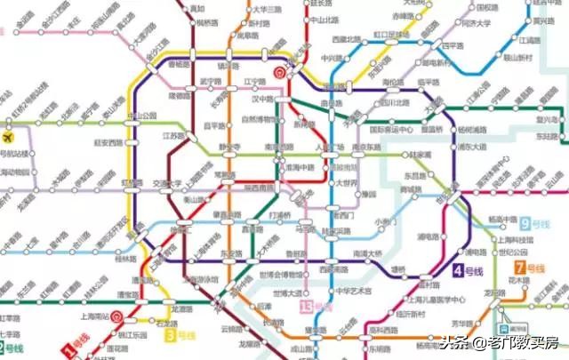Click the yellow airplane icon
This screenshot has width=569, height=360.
coord(10,138)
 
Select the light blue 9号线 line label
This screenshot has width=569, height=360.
coord(539,224)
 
